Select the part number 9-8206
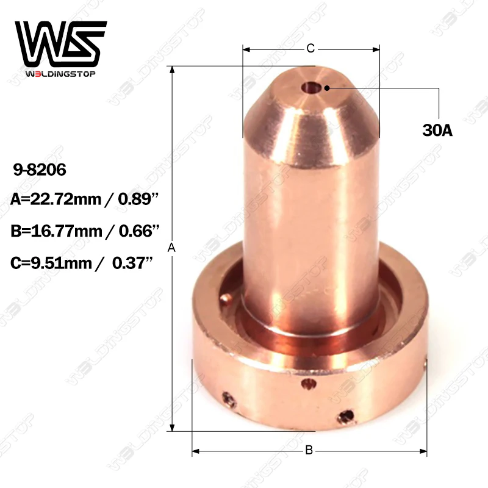point(38,169)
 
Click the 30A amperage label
point(437,130)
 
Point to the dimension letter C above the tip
point(310,48)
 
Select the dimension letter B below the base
point(309,450)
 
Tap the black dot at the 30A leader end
point(328,88)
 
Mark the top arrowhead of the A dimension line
point(173,69)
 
